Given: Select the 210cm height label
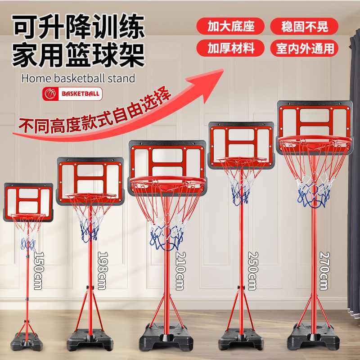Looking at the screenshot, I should tap(180, 271).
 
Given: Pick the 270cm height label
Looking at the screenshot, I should tap(323, 270).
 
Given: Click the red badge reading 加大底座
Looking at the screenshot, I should tap(231, 26).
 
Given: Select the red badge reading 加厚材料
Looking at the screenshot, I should tap(231, 47).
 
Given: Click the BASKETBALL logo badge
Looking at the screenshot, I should tap(72, 94).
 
